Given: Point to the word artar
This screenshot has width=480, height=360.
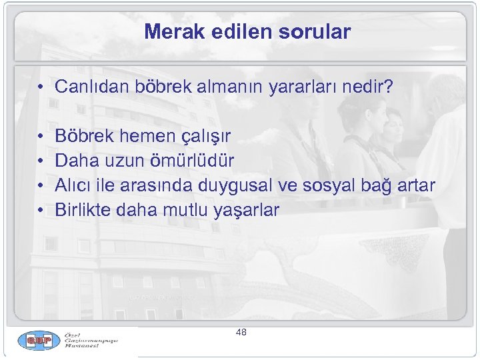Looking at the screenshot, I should click(417, 185).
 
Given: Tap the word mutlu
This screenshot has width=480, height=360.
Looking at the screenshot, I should click(185, 210).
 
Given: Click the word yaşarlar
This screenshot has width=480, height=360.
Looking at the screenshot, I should click(247, 210).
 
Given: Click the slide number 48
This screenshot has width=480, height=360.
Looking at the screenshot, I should click(241, 331).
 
